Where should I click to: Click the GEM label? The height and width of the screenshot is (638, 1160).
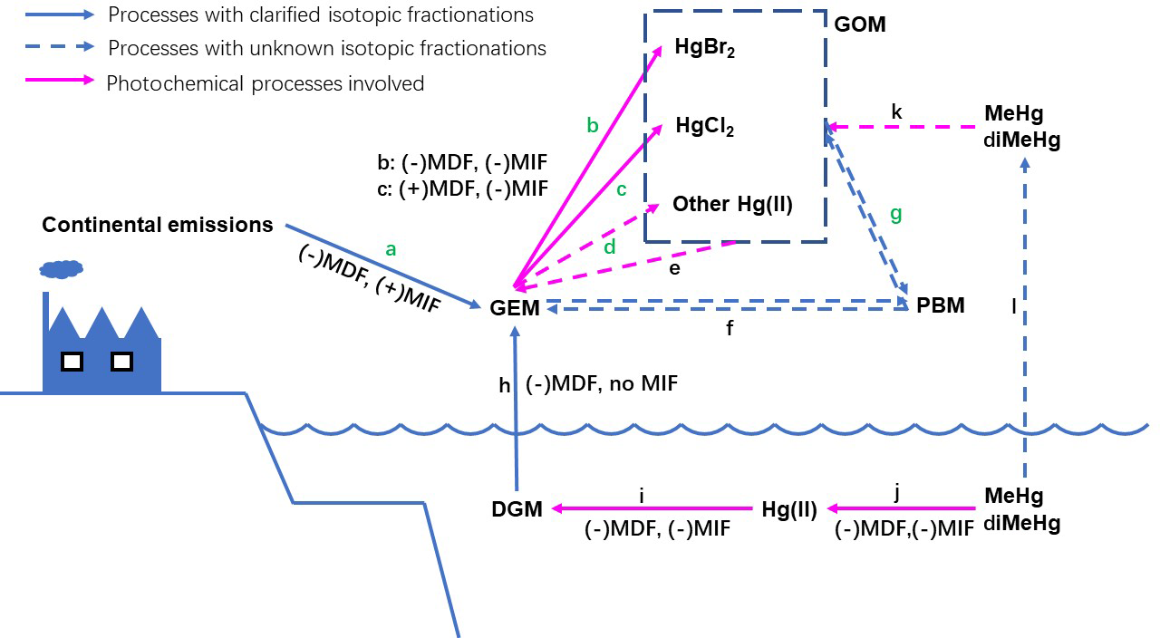(x=515, y=308)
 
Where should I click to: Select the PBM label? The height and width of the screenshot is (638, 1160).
(x=940, y=305)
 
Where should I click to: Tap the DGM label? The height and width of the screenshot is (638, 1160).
(x=517, y=510)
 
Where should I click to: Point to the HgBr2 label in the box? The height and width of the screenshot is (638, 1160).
(x=704, y=49)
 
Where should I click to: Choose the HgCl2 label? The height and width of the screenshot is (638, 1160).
(x=703, y=127)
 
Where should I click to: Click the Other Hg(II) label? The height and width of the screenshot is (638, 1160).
(x=732, y=205)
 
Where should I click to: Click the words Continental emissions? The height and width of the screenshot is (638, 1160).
(x=158, y=225)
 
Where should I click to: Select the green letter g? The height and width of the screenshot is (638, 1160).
(x=896, y=215)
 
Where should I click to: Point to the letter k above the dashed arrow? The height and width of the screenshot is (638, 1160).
(x=896, y=112)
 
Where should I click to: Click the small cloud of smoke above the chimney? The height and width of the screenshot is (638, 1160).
(x=62, y=268)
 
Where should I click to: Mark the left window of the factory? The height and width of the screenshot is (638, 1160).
(x=72, y=362)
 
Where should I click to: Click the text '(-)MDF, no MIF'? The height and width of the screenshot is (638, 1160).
(x=601, y=384)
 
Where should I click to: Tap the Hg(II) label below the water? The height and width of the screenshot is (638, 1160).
(x=789, y=510)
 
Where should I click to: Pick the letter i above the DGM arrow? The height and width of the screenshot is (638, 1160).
(x=641, y=496)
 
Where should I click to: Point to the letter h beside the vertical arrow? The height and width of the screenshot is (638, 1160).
(x=505, y=385)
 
